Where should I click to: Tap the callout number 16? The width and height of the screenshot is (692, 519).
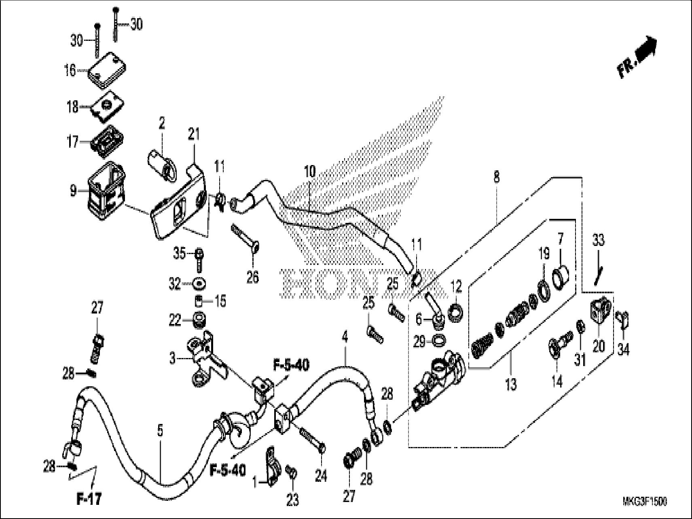coord(70,70)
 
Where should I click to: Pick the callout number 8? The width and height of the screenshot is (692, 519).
coord(496,177)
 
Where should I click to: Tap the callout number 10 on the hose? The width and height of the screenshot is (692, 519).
coord(309,172)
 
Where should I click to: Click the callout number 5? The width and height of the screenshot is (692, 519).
coord(160,431)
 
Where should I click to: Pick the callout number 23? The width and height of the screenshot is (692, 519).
coord(292,501)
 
